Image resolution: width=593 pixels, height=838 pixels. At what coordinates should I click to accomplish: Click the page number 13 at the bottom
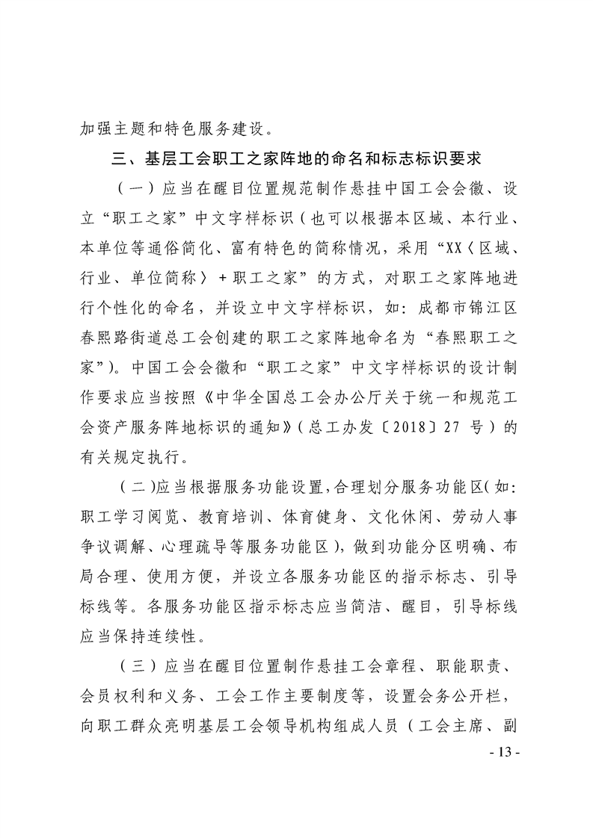[503, 749]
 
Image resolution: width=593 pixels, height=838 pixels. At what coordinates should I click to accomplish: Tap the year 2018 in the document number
[415, 429]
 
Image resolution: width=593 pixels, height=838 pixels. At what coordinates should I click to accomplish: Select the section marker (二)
[135, 488]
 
